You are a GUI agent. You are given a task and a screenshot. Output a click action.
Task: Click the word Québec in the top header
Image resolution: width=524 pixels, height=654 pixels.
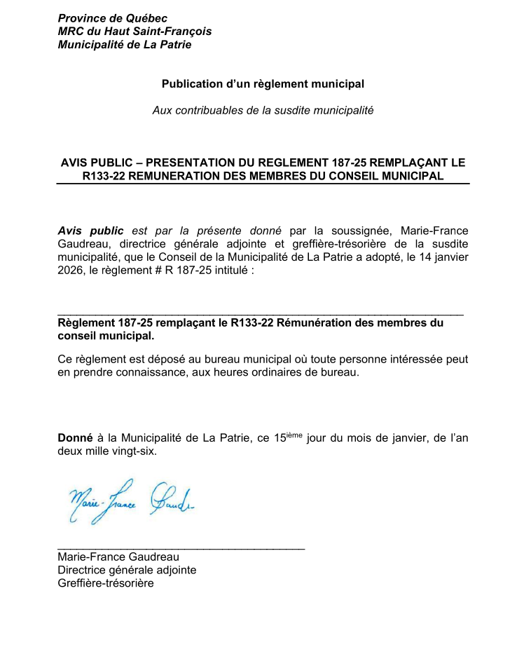[x=146, y=18]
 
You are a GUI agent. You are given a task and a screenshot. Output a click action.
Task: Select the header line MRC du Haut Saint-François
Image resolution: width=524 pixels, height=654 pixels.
[x=135, y=32]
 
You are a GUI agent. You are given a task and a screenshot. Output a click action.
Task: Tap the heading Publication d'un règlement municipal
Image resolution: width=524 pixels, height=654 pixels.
[x=263, y=84]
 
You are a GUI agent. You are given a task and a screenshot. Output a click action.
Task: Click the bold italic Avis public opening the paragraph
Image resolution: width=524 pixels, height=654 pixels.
[x=90, y=231]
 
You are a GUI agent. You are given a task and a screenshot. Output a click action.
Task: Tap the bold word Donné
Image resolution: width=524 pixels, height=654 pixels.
[x=74, y=439]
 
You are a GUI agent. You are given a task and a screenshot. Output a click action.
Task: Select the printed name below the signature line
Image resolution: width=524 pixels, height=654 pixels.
[x=118, y=557]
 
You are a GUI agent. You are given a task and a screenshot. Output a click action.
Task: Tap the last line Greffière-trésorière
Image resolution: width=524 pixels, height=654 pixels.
[x=105, y=583]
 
